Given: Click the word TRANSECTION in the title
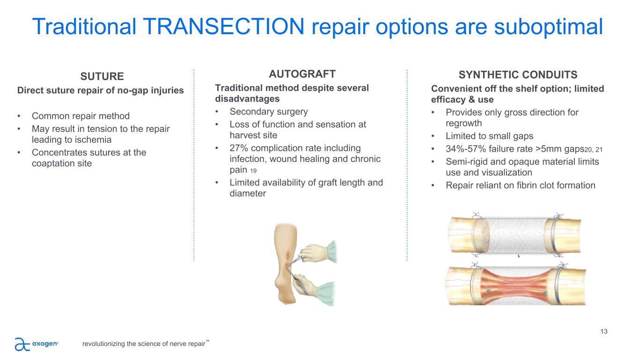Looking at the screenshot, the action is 223,26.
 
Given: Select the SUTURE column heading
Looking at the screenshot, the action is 102,76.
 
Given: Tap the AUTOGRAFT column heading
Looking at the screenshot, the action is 302,74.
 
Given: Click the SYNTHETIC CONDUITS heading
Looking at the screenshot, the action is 518,75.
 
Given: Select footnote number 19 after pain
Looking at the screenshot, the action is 253,171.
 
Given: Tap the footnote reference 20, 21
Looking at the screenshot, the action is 594,149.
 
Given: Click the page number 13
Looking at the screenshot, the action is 604,331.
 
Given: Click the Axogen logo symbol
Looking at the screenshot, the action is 22,344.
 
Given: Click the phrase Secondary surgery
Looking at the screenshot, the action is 269,111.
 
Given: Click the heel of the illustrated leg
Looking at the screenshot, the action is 281,288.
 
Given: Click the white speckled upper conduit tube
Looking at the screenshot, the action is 517,236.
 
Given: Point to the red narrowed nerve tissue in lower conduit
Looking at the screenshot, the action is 517,287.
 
